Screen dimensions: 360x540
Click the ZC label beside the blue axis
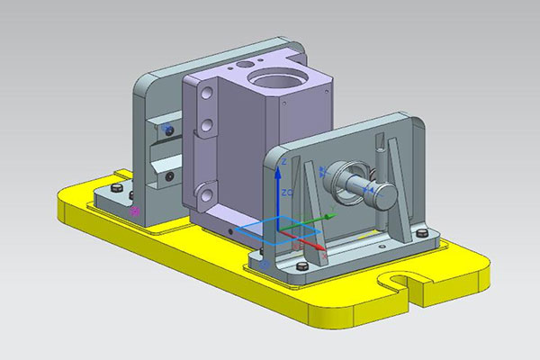tap(286, 192)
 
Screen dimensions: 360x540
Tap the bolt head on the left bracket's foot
tap(119, 188)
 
